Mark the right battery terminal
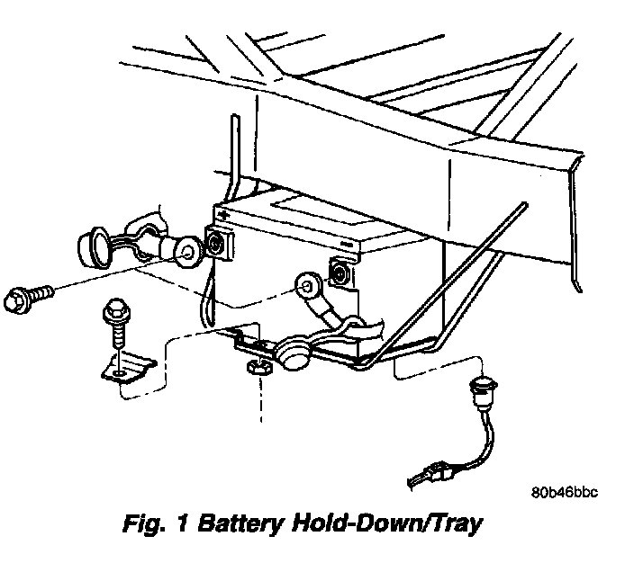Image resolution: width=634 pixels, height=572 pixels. (x=341, y=271)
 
